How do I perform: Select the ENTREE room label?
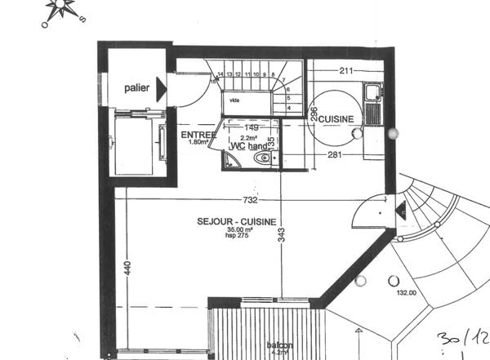pyautogui.click(x=198, y=134)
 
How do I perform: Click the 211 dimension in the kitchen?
pyautogui.click(x=345, y=71)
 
